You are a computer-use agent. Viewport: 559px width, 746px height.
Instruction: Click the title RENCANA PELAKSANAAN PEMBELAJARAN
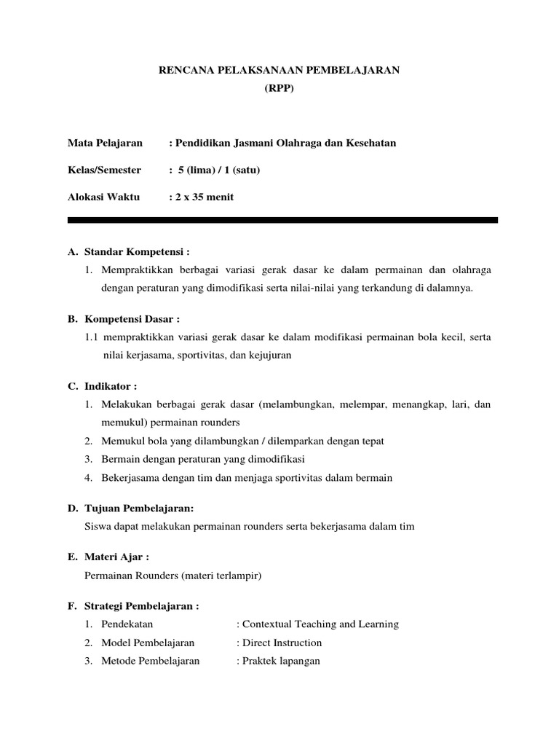pyautogui.click(x=279, y=69)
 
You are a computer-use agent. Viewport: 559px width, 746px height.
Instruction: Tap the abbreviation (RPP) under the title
pyautogui.click(x=279, y=88)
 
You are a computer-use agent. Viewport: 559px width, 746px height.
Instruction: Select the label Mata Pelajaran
pyautogui.click(x=105, y=143)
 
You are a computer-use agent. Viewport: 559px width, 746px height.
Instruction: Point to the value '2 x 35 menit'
pyautogui.click(x=202, y=197)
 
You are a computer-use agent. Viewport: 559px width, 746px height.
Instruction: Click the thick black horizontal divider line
pyautogui.click(x=282, y=219)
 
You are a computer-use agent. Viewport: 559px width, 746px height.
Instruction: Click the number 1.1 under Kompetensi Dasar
pyautogui.click(x=91, y=337)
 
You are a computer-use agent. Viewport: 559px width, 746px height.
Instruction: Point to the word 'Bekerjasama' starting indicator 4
pyautogui.click(x=127, y=478)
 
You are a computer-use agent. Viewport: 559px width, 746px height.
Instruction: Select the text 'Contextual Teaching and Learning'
pyautogui.click(x=320, y=624)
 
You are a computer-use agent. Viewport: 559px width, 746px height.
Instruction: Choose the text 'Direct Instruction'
pyautogui.click(x=282, y=643)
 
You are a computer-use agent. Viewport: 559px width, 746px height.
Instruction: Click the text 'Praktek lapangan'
pyautogui.click(x=281, y=661)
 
